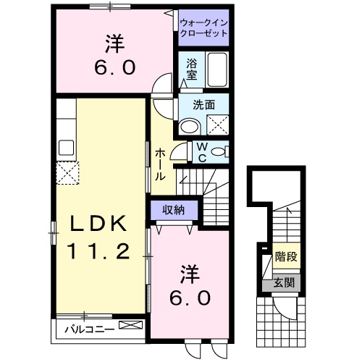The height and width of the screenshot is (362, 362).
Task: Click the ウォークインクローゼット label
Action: tap(203, 28)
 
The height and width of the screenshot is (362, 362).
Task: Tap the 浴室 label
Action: tap(191, 68)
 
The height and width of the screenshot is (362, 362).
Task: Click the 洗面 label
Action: tap(203, 104)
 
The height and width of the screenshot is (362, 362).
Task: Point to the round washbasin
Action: tap(189, 126)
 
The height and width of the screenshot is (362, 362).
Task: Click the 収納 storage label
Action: tap(173, 210)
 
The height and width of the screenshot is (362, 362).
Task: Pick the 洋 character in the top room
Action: tap(113, 43)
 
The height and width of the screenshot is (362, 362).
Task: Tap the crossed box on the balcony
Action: tap(132, 326)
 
